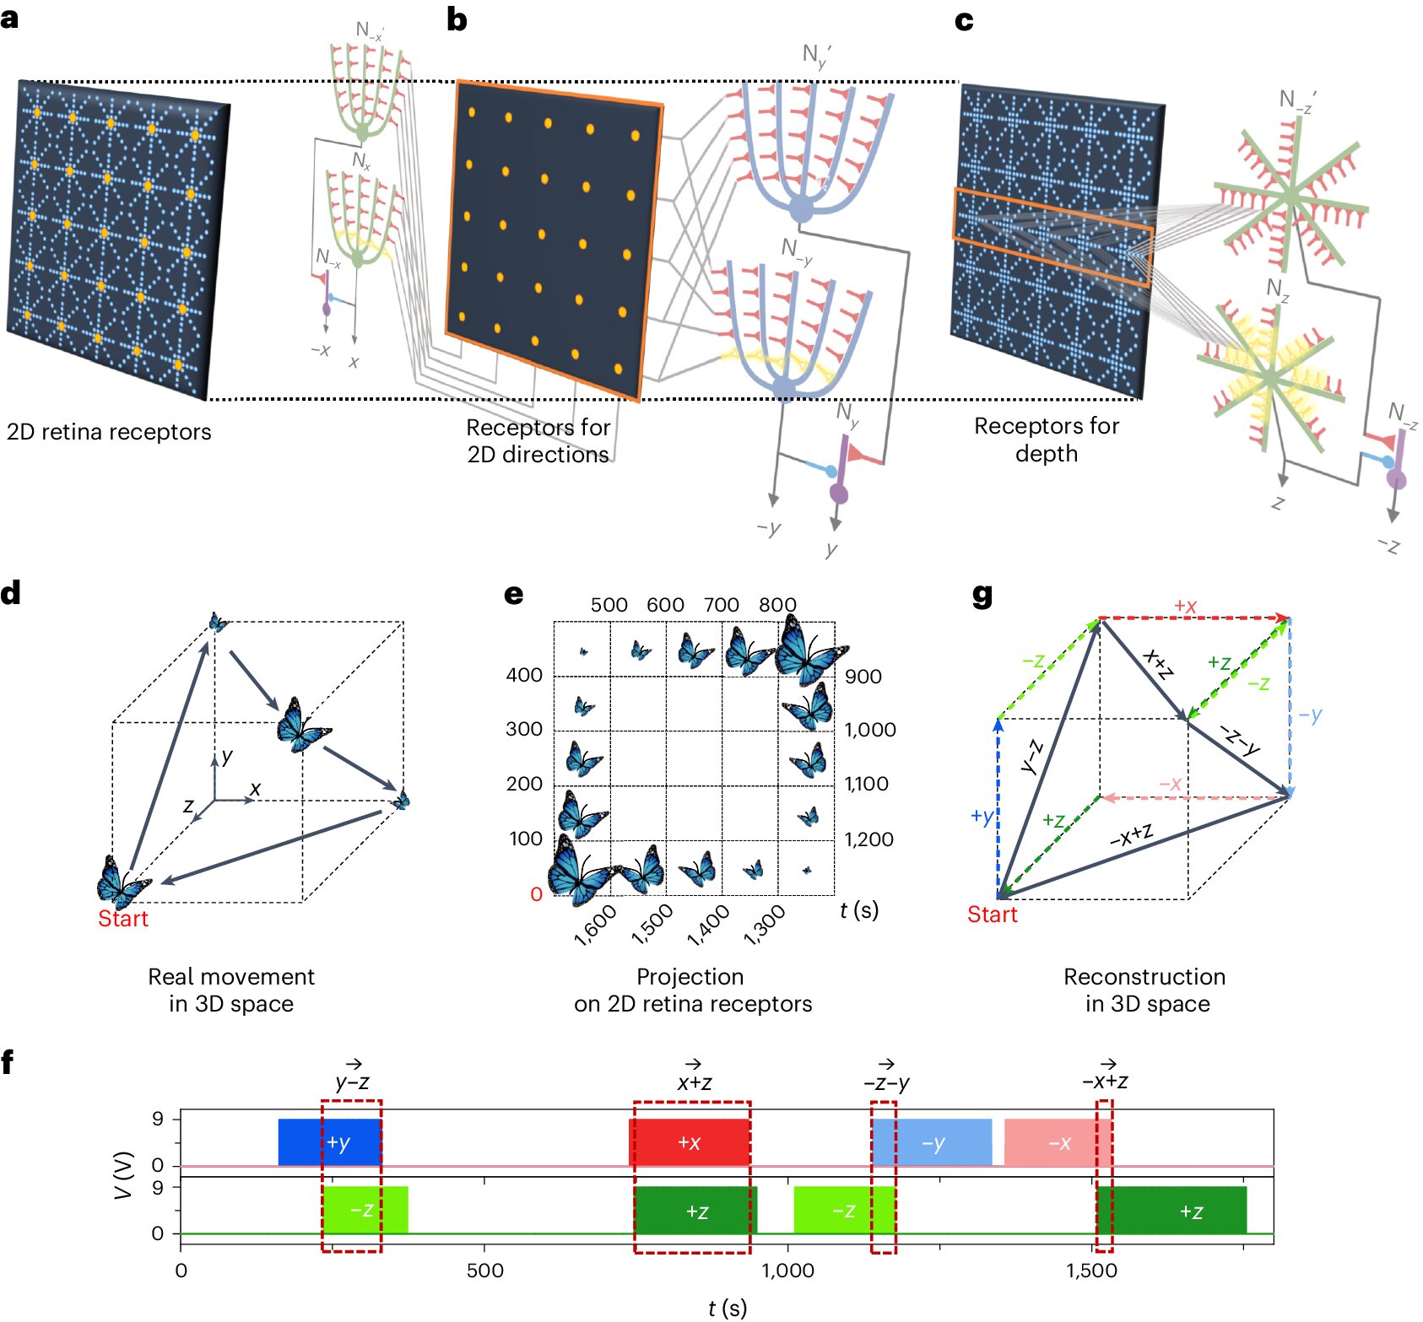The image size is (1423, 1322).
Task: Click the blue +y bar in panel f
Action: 329,1142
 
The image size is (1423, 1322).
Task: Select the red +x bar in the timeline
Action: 690,1142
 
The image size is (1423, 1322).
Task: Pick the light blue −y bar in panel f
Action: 933,1143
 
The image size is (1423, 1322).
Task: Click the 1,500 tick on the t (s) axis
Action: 1091,1270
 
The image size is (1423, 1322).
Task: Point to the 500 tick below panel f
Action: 484,1270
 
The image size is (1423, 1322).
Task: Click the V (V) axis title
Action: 124,1174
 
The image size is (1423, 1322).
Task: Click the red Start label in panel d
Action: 123,919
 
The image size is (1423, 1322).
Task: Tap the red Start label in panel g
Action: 993,915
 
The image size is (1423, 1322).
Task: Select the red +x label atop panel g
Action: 1185,606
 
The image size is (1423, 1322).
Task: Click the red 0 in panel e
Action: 536,894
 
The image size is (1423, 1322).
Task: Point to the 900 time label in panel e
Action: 863,677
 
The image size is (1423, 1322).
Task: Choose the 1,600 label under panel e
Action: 595,925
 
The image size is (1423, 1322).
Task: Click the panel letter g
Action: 982,596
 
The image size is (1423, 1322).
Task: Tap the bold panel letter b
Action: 457,19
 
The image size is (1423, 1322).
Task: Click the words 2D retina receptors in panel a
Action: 109,432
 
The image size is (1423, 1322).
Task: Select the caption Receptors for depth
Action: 1047,440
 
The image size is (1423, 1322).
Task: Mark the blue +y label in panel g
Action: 982,816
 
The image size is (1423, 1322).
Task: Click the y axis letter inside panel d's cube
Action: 226,756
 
